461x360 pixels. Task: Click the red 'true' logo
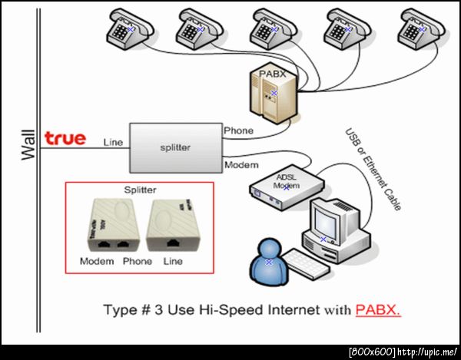click(x=65, y=139)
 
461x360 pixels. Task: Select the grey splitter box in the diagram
click(x=174, y=147)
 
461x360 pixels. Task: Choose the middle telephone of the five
click(x=274, y=28)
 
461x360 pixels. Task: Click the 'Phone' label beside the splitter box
click(x=238, y=130)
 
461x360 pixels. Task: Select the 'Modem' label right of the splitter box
click(x=240, y=165)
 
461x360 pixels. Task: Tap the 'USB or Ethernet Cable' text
click(x=375, y=168)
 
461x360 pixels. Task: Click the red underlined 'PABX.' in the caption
click(x=379, y=311)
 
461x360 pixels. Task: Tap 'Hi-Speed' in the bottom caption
click(x=216, y=311)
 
